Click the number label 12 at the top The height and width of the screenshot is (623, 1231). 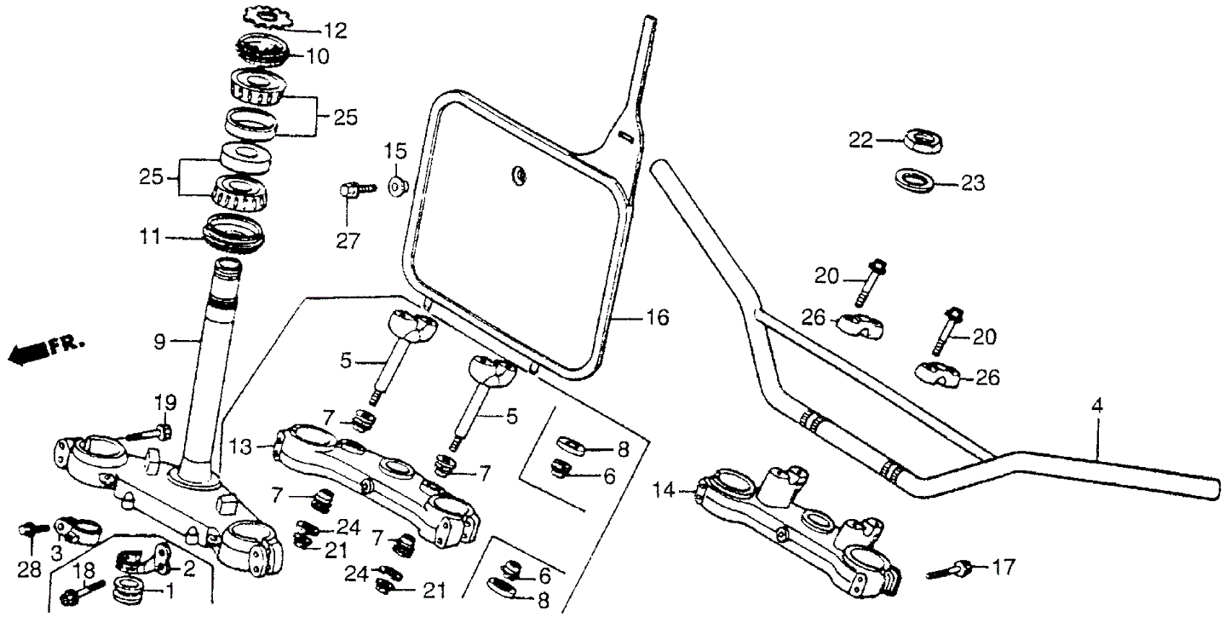tap(335, 32)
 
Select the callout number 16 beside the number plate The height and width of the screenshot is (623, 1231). tap(657, 319)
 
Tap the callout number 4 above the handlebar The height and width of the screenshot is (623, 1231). tap(1097, 407)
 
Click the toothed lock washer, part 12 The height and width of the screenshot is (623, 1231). tap(267, 16)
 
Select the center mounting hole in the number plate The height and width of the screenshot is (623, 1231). tap(517, 176)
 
